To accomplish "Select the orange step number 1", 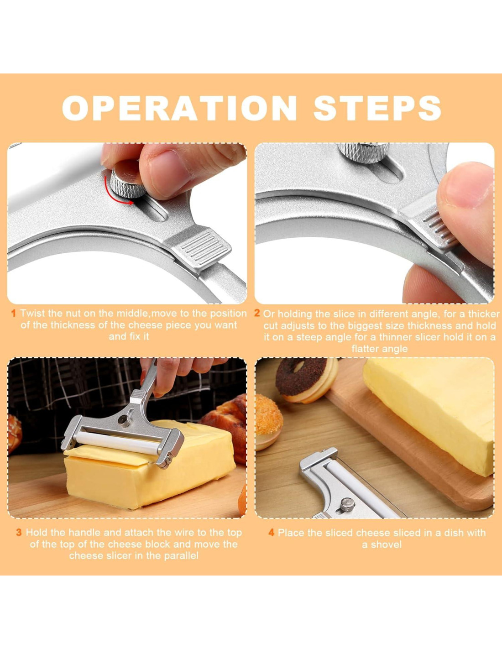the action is coord(13,313).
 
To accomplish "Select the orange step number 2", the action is coord(257,313).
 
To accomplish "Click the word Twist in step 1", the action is coord(32,313).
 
